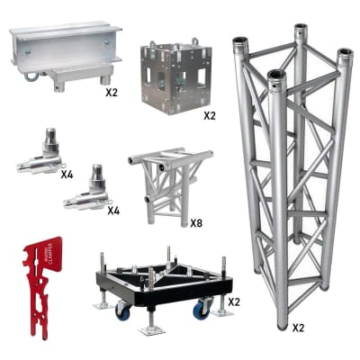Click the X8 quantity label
point(196,220)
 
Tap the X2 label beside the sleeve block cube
point(209,115)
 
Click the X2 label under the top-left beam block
point(112,93)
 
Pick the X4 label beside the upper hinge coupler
point(67,174)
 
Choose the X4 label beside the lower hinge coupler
point(113,211)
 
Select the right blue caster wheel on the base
point(202,309)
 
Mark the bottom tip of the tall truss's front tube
point(282,325)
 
